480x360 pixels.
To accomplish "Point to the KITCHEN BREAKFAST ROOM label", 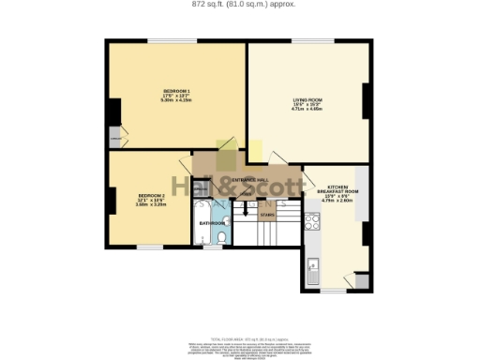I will pyautogui.click(x=334, y=188).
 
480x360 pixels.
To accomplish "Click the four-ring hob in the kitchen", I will pyautogui.click(x=311, y=221).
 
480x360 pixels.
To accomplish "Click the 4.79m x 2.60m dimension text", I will pyautogui.click(x=334, y=201).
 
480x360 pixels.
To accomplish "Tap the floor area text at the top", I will pyautogui.click(x=240, y=4).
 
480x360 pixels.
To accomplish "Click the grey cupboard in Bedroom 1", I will pyautogui.click(x=114, y=137).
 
